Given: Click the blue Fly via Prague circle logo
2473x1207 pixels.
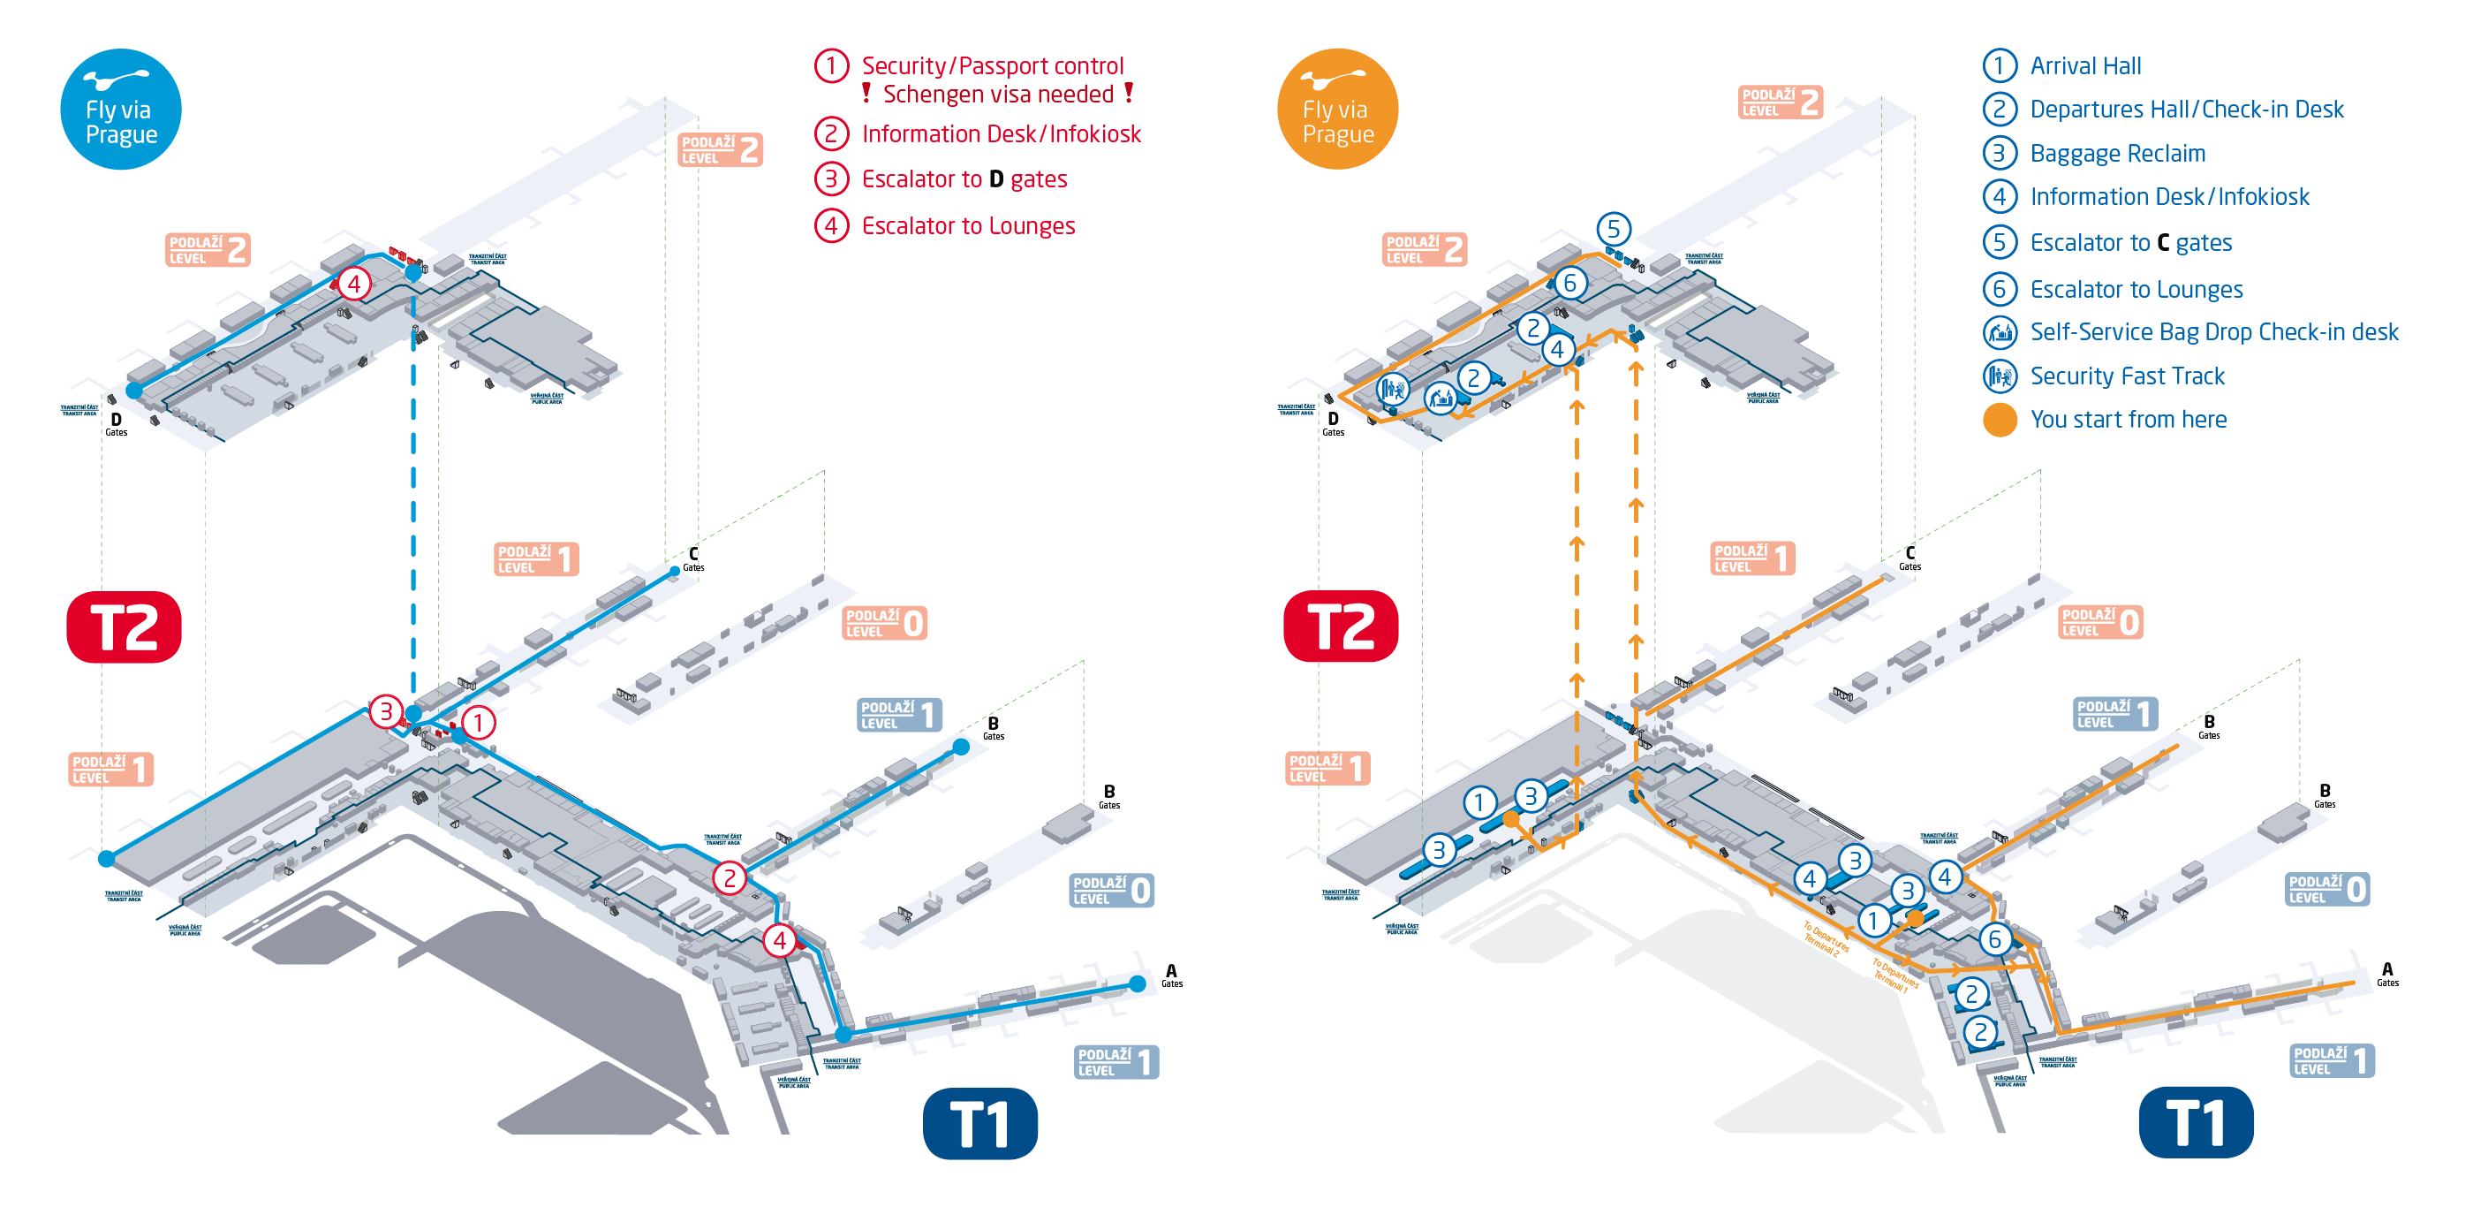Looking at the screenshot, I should (121, 110).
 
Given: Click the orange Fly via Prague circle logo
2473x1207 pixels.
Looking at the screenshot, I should (1337, 110).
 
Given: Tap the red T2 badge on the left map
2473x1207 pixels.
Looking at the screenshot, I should (124, 627).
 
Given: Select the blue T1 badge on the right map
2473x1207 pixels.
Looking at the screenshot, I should (2196, 1122).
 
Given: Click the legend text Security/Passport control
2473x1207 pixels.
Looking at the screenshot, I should (992, 66).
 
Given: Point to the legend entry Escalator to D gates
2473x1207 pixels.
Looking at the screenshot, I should (964, 179).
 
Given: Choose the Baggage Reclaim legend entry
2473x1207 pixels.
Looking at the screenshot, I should (2117, 154).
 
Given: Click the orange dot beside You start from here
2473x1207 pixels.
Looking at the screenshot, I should (2000, 421).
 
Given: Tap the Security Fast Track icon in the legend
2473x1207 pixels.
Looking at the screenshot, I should (2000, 376).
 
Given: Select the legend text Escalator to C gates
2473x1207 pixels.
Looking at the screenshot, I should (2130, 243).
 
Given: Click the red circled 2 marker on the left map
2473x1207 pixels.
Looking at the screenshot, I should (730, 877).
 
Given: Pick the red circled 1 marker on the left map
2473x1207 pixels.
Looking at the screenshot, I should (478, 722).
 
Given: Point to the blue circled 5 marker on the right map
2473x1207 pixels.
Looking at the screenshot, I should (1614, 230).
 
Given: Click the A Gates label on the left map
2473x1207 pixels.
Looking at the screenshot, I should (1171, 975).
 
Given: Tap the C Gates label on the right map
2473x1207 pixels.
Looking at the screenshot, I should (1910, 558).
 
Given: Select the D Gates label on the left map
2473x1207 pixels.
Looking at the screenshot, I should (117, 423).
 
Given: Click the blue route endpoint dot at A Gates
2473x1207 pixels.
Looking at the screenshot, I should (1138, 983).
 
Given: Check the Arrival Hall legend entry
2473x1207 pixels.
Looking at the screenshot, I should (2085, 66).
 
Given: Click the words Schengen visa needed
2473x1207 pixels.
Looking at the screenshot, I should (997, 94).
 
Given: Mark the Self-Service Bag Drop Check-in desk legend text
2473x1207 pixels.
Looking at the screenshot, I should (2214, 332).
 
